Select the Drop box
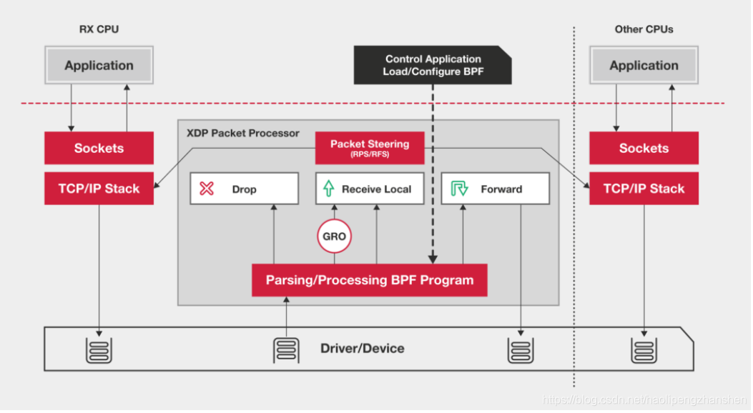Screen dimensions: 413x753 (244, 189)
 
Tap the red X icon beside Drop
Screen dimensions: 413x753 (207, 189)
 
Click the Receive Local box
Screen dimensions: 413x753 (370, 189)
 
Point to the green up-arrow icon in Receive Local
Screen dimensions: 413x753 (328, 189)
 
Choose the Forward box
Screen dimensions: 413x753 (495, 189)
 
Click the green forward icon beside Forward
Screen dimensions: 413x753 (459, 189)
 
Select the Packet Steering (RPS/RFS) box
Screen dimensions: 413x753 (370, 147)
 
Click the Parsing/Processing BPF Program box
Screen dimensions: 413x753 (369, 280)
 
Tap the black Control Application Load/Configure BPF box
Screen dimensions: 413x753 (433, 65)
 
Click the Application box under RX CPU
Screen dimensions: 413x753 (99, 66)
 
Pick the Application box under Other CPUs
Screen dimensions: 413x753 (644, 66)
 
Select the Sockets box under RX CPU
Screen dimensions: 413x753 (99, 148)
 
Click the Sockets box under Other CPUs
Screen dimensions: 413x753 (644, 148)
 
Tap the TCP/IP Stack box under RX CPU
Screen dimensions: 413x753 (99, 189)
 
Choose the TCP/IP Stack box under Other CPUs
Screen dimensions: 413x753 (644, 189)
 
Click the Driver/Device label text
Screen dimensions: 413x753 (362, 349)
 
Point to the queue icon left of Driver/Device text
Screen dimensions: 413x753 (285, 349)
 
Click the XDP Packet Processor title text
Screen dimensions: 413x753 (243, 133)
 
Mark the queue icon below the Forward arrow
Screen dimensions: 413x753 (520, 349)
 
